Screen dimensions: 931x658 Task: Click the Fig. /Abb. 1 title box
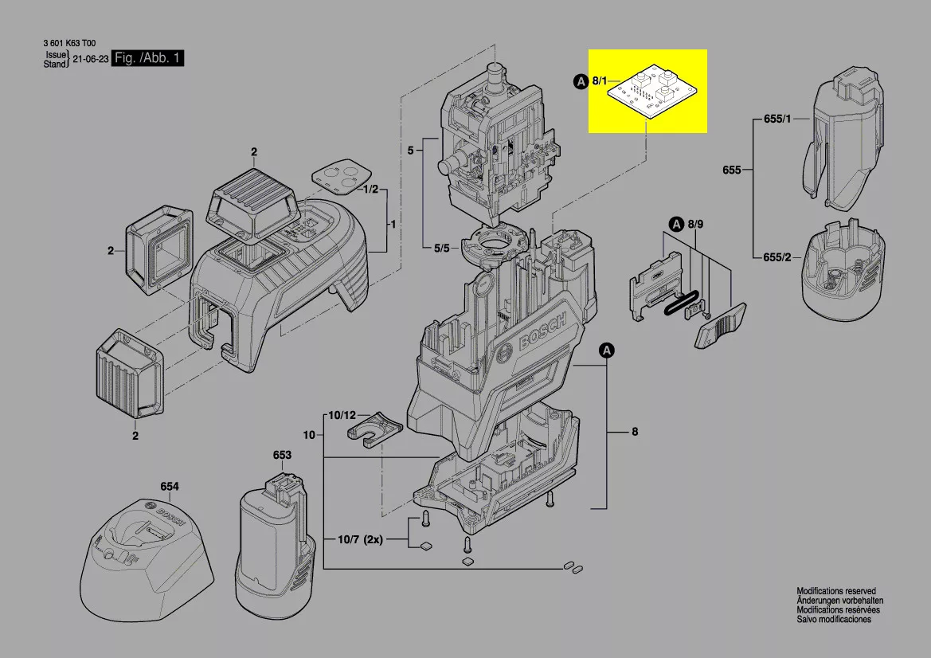148,58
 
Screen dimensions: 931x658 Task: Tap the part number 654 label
169,487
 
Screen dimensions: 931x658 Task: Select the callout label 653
282,455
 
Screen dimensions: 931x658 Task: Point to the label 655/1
777,119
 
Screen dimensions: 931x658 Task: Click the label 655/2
777,257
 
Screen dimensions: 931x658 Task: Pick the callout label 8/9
695,224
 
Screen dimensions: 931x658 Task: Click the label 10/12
342,415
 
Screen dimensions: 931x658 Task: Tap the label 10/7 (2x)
360,540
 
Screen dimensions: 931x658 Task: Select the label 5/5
442,248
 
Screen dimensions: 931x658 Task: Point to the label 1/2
370,189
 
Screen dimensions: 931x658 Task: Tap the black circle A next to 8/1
581,81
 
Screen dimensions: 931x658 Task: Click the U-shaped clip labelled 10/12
375,428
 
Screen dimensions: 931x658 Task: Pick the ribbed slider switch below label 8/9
720,324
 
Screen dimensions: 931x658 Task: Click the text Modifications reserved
836,591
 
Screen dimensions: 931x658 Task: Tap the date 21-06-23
91,60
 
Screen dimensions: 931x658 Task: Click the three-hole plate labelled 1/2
342,175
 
